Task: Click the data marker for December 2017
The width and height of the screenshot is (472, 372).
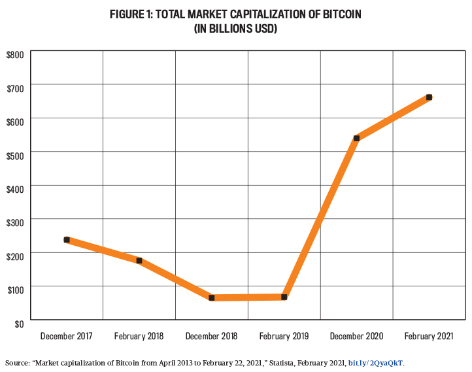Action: tap(67, 240)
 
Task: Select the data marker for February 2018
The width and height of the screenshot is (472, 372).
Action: tap(139, 260)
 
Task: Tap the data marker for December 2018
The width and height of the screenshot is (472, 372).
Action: tap(212, 297)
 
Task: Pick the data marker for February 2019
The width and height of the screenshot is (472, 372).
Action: tap(284, 297)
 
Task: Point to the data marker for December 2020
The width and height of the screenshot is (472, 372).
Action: tap(356, 138)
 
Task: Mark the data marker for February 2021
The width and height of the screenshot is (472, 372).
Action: tap(429, 97)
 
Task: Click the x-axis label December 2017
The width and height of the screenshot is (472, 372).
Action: tap(67, 336)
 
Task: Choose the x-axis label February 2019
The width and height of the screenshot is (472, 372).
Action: tap(284, 336)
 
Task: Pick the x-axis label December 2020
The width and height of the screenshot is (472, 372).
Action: tap(356, 336)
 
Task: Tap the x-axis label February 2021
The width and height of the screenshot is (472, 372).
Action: tap(429, 336)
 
